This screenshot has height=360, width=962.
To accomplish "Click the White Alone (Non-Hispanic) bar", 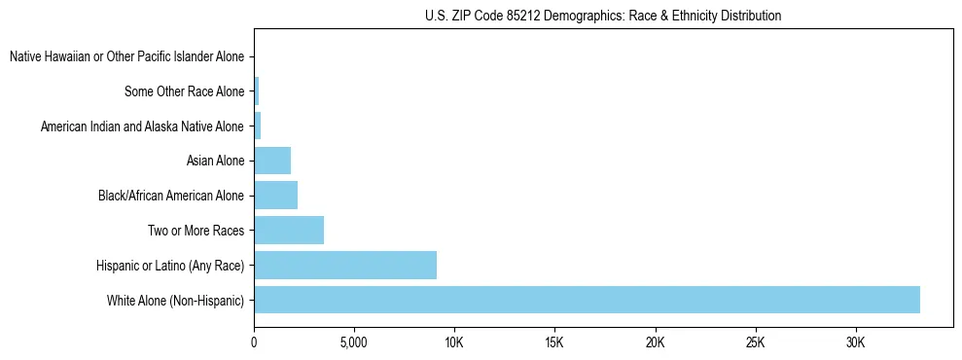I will (587, 300).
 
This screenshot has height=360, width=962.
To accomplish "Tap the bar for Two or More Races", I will (289, 231).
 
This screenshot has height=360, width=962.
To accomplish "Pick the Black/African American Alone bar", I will (275, 196).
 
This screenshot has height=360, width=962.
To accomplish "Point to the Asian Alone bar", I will (272, 161).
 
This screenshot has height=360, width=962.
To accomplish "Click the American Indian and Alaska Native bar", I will (258, 126).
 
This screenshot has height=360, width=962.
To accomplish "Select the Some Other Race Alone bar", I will (257, 91).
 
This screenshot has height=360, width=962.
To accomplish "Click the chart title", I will (603, 16).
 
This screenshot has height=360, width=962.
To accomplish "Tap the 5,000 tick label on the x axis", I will (354, 343).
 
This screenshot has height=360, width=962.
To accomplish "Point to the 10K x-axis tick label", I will (454, 343).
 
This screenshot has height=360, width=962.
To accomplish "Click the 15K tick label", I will (554, 343).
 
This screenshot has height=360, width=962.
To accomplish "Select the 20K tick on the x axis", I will (655, 343).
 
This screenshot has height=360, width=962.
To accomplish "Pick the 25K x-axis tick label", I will (755, 343).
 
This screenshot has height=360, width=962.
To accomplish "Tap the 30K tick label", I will (855, 343).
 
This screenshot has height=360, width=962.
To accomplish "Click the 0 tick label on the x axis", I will (254, 343).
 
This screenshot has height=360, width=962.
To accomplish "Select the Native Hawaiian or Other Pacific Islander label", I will (126, 57).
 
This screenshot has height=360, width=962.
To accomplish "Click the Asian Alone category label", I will (215, 162).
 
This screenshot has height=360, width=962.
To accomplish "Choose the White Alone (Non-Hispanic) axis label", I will (175, 301).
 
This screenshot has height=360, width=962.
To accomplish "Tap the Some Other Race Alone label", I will (184, 92).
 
